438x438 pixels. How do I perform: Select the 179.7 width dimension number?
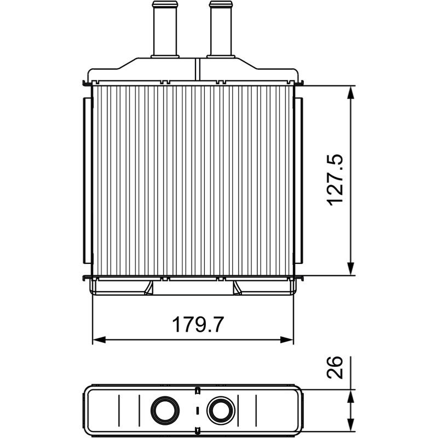click(x=198, y=325)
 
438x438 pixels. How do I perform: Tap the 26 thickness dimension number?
click(x=335, y=367)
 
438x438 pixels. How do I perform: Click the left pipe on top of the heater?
click(x=165, y=30)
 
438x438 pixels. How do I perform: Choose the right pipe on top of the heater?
click(x=221, y=30)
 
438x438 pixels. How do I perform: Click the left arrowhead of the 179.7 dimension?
click(x=99, y=340)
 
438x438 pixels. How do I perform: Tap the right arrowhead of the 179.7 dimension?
click(x=286, y=340)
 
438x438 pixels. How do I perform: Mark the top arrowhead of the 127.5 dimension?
click(x=350, y=92)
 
